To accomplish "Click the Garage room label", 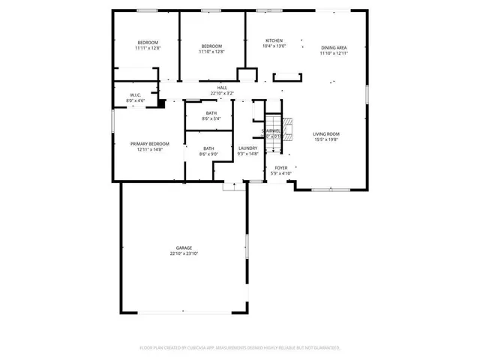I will (184, 248).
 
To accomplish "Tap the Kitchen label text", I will (274, 40).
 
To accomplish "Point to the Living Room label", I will (326, 133).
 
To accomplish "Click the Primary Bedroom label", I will (149, 144).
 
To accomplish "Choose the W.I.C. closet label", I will (136, 95).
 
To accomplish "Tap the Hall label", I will (222, 88).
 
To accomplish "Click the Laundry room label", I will (248, 148).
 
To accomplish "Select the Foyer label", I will (280, 168).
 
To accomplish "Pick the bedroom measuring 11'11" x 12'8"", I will (148, 42).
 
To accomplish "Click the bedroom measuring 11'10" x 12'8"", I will (211, 46).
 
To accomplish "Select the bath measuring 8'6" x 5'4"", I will (211, 113).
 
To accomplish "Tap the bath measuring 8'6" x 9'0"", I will (208, 148).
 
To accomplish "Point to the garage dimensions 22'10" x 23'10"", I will (184, 253).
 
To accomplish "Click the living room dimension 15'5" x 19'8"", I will (326, 139).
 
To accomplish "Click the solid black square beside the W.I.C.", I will (160, 104).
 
